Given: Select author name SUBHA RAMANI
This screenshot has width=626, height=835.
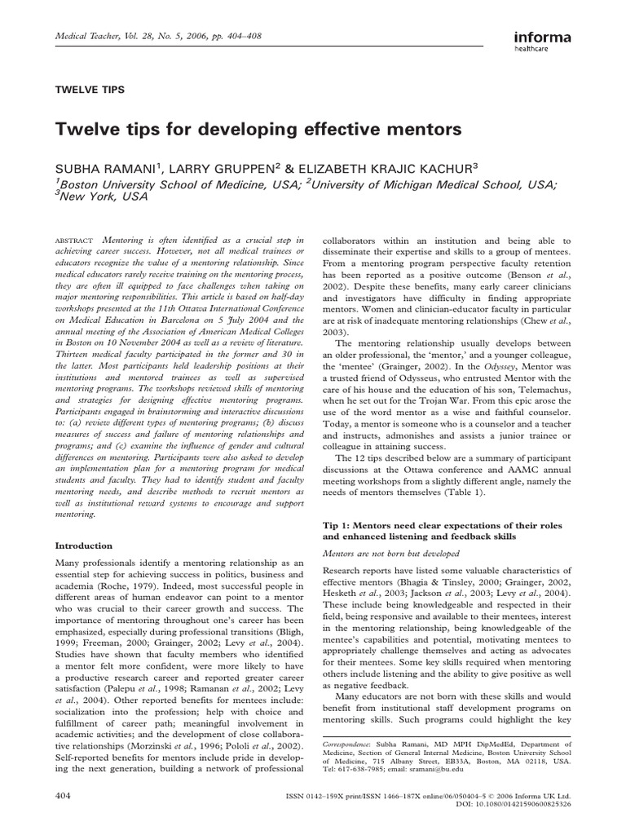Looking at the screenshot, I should pyautogui.click(x=101, y=167).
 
